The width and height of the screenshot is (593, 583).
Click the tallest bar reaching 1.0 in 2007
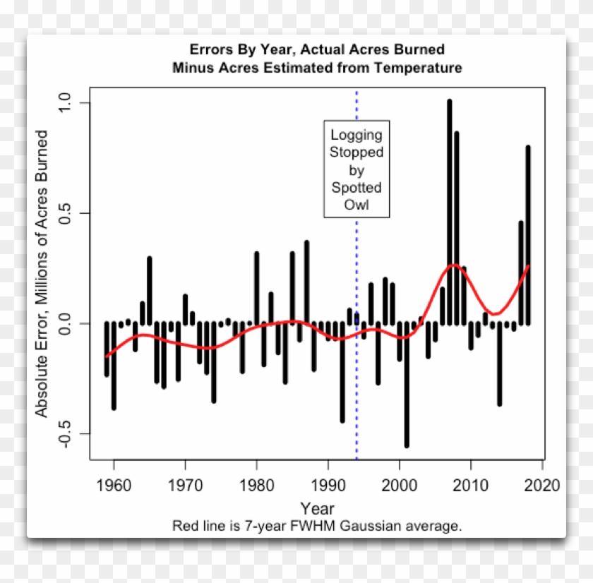(449, 212)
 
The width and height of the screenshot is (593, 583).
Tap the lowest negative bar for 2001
(407, 385)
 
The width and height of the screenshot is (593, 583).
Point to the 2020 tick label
(542, 486)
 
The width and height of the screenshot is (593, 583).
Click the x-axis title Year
(318, 508)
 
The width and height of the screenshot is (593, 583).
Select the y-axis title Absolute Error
(42, 274)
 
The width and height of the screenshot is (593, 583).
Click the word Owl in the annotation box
(357, 205)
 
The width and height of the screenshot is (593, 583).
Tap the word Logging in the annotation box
(357, 134)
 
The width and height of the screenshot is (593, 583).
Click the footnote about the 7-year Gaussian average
(317, 527)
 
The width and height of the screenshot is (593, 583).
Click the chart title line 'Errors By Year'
(317, 49)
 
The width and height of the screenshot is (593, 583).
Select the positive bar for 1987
(306, 282)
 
